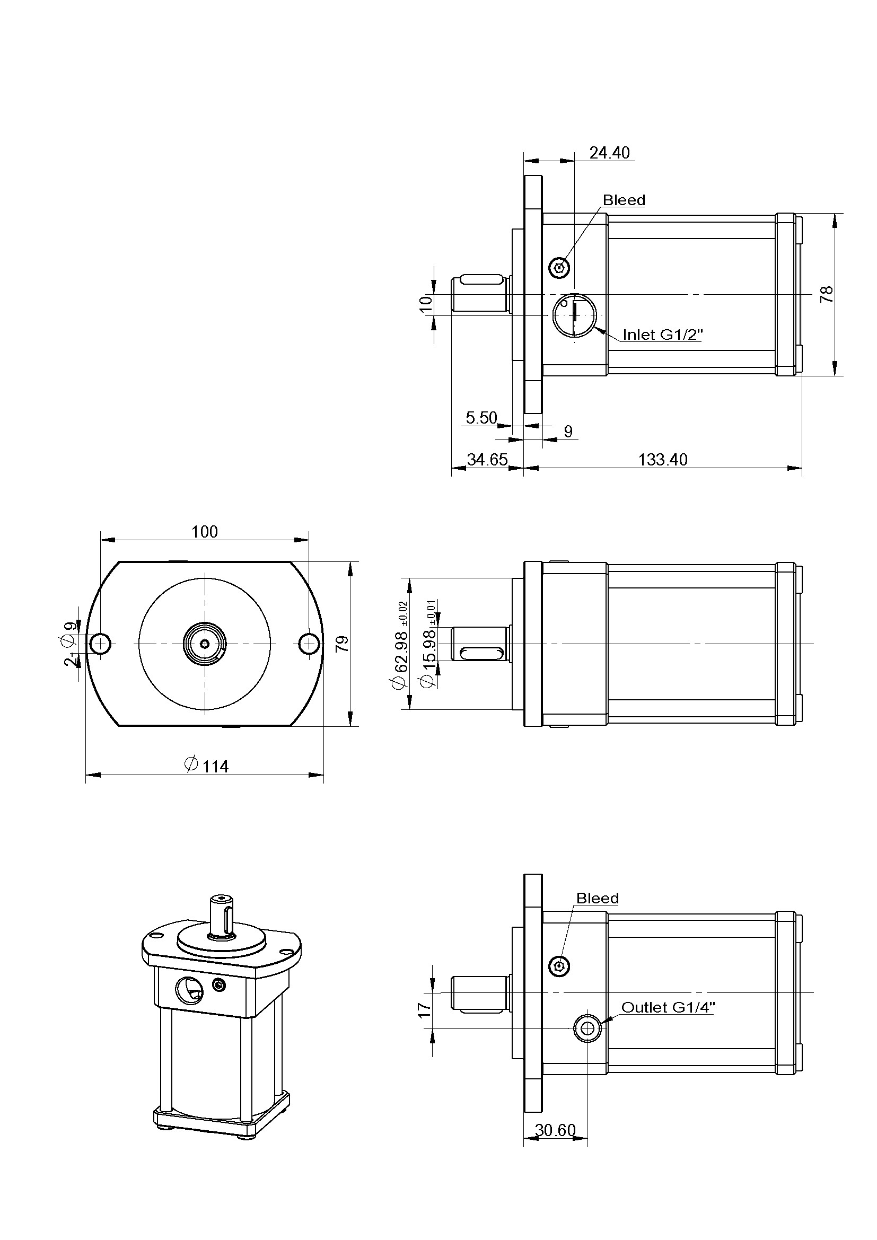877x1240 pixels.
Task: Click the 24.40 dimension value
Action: pos(609,153)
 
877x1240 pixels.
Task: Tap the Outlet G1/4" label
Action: pos(668,1007)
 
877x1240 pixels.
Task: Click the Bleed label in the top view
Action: pos(624,200)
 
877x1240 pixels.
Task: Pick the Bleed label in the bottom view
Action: pos(597,898)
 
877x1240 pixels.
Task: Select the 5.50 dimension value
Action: pos(481,417)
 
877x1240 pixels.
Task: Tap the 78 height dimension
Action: pos(827,294)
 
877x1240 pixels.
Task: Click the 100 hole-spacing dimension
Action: pos(205,531)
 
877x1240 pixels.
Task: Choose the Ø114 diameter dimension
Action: pos(207,766)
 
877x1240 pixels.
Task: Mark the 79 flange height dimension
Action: pos(342,644)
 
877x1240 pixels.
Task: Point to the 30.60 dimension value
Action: pos(555,1130)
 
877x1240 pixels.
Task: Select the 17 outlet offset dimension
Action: pos(425,1009)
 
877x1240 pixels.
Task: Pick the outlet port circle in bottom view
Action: pos(587,1028)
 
